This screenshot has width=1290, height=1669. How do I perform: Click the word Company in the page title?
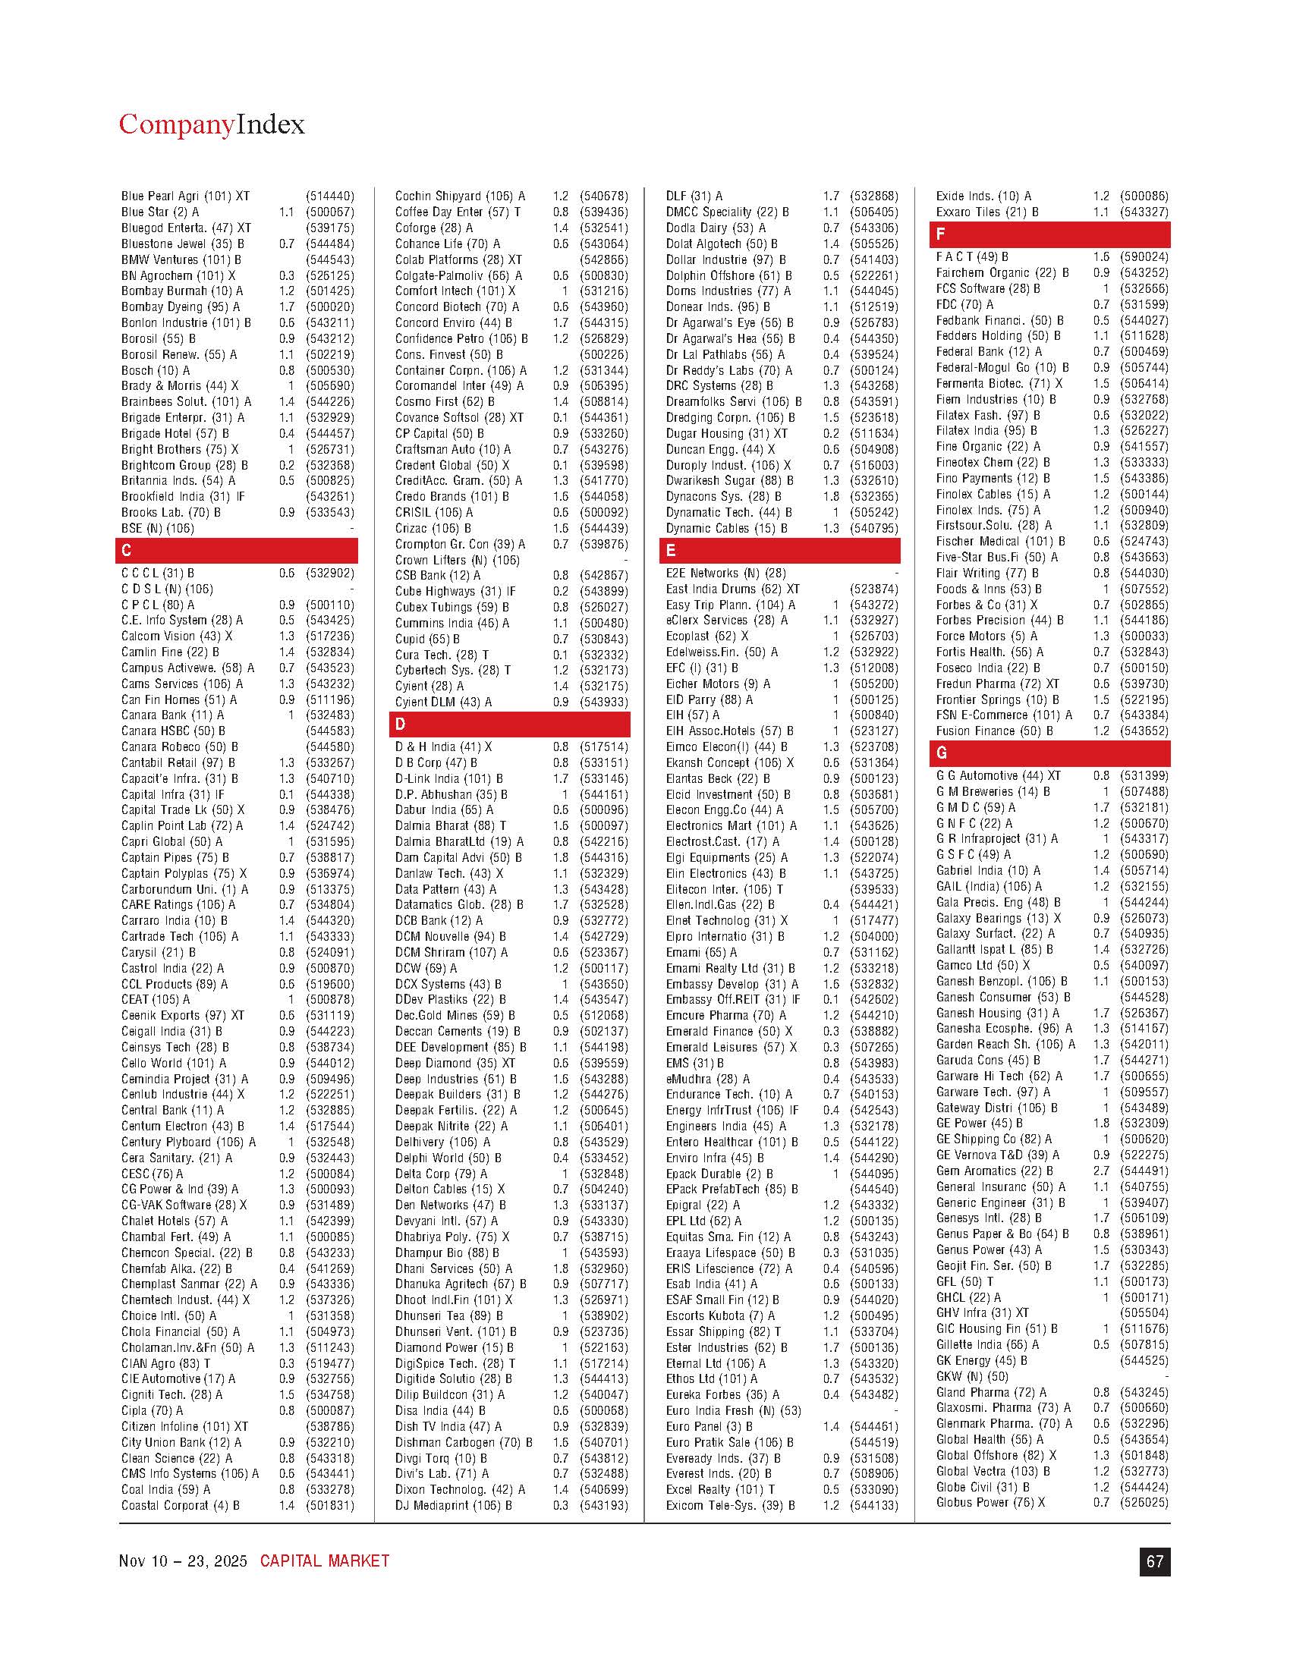tap(176, 124)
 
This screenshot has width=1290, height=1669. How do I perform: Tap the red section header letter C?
tap(127, 550)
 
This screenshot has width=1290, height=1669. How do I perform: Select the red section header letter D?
tap(401, 724)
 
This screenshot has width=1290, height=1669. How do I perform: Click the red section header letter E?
tap(671, 550)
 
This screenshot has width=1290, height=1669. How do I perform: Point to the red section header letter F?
tap(941, 234)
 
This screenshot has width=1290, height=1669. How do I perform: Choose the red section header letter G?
tap(942, 753)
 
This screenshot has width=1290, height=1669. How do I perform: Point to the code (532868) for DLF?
tap(874, 196)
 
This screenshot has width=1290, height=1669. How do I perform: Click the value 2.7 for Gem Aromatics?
tap(1100, 1171)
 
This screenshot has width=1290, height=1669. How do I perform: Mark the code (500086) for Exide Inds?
tap(1144, 196)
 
